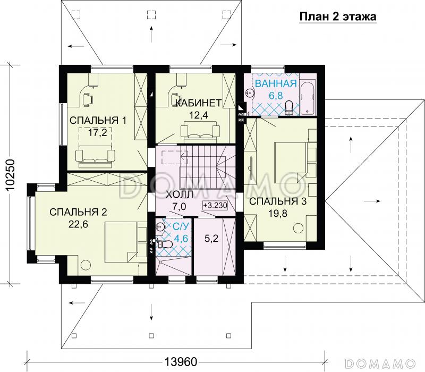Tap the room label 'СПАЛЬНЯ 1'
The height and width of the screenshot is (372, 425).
98,120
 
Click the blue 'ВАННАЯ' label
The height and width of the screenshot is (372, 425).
275,84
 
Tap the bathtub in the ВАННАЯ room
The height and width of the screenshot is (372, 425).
308,98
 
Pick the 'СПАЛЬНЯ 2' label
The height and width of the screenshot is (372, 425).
78,212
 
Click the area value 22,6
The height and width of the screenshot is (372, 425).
79,224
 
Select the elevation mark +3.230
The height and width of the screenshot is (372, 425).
215,206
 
